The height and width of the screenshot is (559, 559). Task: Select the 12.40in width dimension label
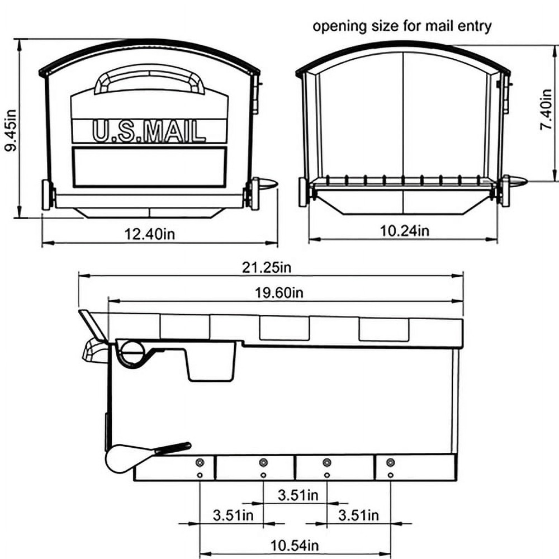tap(150, 234)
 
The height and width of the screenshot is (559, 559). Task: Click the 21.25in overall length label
tap(267, 267)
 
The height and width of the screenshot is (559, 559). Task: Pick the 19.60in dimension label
tap(278, 292)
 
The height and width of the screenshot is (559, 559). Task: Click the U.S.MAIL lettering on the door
tap(149, 132)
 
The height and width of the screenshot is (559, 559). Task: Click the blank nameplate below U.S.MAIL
tap(149, 166)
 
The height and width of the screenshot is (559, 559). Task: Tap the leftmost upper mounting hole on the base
tap(200, 463)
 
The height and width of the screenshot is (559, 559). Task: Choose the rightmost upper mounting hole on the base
tap(390, 463)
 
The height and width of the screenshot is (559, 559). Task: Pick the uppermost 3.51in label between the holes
tap(298, 495)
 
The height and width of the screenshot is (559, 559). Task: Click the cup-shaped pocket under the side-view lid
tap(210, 363)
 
